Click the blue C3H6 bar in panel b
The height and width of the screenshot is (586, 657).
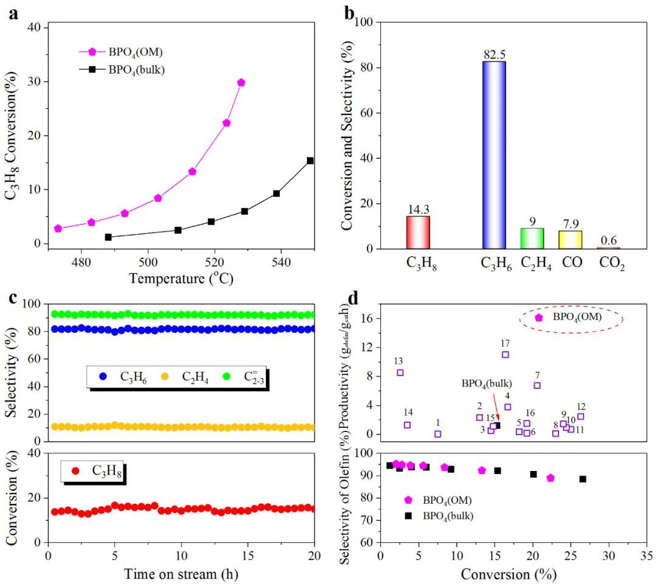(494, 155)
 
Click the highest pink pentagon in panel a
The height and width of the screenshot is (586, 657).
(241, 82)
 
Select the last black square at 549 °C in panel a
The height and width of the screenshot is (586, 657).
(310, 161)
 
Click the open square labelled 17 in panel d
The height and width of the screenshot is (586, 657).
(505, 354)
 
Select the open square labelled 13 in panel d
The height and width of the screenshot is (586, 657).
(400, 372)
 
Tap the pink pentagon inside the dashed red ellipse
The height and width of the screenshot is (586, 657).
(538, 317)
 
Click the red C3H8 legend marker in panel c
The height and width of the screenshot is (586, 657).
(75, 470)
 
